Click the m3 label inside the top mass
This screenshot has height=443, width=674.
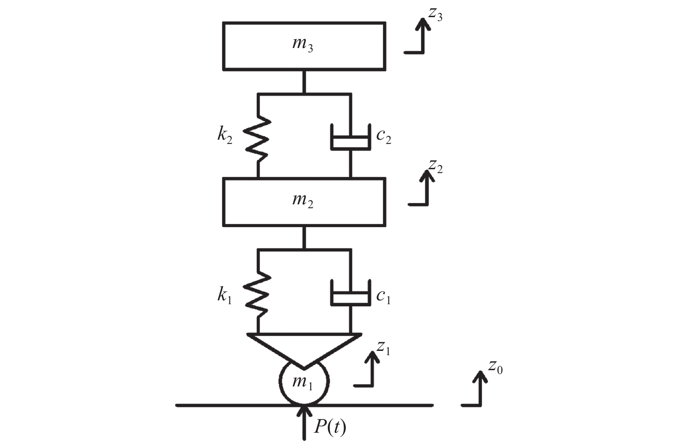[x=303, y=45]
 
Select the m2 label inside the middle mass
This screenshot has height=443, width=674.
[x=303, y=201]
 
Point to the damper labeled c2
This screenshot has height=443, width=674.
[x=350, y=137]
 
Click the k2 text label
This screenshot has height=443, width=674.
[x=225, y=136]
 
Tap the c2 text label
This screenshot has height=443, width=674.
[x=383, y=137]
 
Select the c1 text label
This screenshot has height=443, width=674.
[x=383, y=296]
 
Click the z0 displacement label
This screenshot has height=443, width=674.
[x=496, y=367]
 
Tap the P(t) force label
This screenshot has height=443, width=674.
[x=330, y=427]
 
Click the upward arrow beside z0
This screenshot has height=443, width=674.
[x=480, y=388]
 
